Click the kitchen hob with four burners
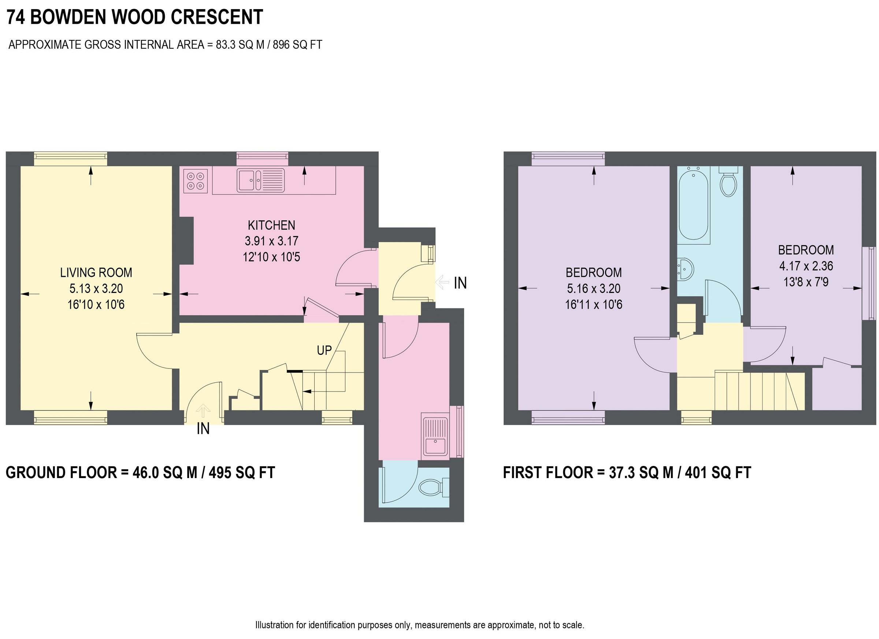pos(195,181)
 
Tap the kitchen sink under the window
pos(260,180)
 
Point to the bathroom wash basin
pos(685,268)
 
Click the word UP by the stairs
pos(324,350)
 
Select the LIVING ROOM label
pos(96,273)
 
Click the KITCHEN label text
pos(271,225)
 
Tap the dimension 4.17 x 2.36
pos(806,266)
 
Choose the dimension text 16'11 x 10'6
pos(593,305)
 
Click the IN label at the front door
pos(203,429)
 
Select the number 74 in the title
pos(16,17)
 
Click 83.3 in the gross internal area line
pos(226,45)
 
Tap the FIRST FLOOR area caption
pos(627,473)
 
